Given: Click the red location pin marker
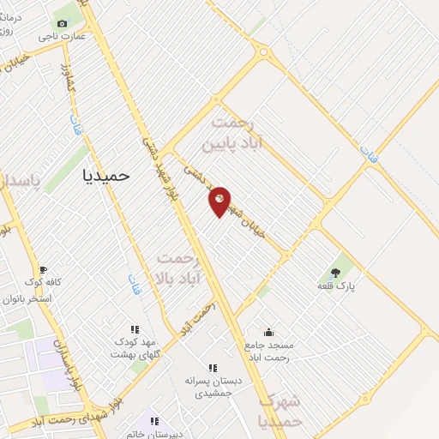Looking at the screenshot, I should (219, 201).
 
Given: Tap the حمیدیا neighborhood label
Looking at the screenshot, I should (105, 175).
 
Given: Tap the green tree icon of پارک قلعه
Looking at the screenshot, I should (335, 273).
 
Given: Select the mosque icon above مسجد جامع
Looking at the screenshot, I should (268, 332).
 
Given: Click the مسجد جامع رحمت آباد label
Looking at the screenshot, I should (268, 350).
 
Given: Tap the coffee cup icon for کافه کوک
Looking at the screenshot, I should (43, 269).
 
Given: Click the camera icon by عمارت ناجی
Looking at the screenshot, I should (62, 24).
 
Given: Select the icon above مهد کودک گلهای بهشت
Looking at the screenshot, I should (134, 328).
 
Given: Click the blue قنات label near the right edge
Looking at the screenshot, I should (369, 155).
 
